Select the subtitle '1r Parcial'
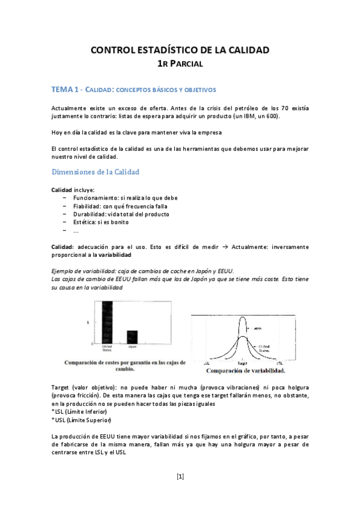180,63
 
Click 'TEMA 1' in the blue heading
66,90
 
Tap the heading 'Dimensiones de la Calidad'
96,172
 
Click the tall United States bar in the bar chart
107,322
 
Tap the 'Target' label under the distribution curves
242,364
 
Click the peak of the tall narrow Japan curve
242,318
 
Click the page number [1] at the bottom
180,477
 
